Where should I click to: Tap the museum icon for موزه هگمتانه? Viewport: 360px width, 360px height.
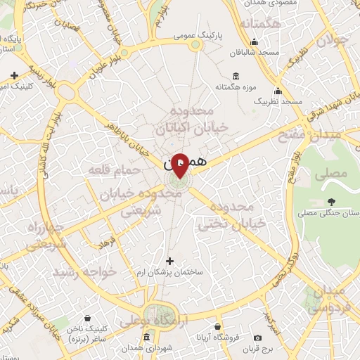(235, 76)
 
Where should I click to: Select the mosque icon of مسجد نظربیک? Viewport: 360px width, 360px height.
(278, 91)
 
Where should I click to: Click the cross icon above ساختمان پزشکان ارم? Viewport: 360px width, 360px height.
(168, 262)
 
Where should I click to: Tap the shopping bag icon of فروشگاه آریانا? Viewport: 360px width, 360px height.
(218, 327)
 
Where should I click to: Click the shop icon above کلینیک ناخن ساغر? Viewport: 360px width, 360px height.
(87, 318)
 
